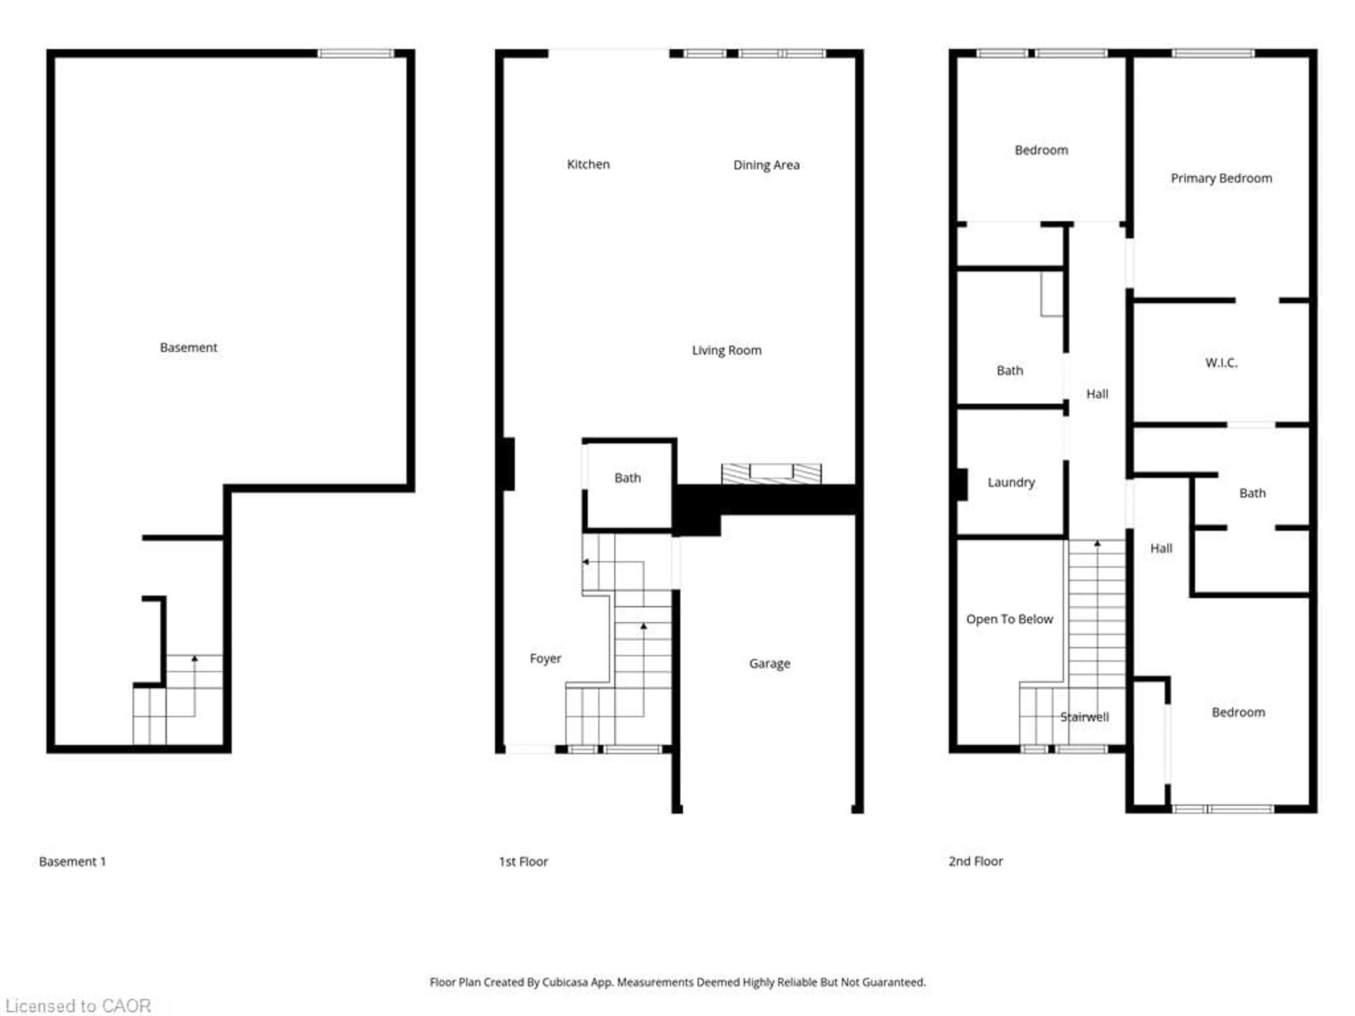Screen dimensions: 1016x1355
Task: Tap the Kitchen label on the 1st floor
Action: pos(588,164)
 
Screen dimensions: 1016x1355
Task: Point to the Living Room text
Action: pos(727,350)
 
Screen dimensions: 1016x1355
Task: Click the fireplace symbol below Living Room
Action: pos(771,473)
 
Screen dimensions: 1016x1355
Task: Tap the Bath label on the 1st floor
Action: pos(627,478)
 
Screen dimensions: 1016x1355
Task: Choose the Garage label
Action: pos(769,663)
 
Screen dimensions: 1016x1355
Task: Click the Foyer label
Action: pos(545,658)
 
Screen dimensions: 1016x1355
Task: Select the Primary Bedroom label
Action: pos(1221,178)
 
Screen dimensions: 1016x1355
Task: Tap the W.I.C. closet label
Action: pos(1221,363)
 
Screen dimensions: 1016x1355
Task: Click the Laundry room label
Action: pos(1011,482)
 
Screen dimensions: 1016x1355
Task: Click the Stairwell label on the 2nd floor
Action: pos(1084,716)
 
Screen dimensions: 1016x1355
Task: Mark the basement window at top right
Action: pos(356,53)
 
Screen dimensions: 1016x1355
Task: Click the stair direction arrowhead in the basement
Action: pos(195,658)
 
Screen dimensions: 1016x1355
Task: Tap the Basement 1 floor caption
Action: pos(72,861)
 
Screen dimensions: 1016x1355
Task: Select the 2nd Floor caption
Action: pos(975,861)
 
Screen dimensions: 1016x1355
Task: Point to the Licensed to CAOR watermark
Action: pos(78,1005)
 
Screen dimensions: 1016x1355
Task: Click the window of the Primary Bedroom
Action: pos(1213,53)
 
